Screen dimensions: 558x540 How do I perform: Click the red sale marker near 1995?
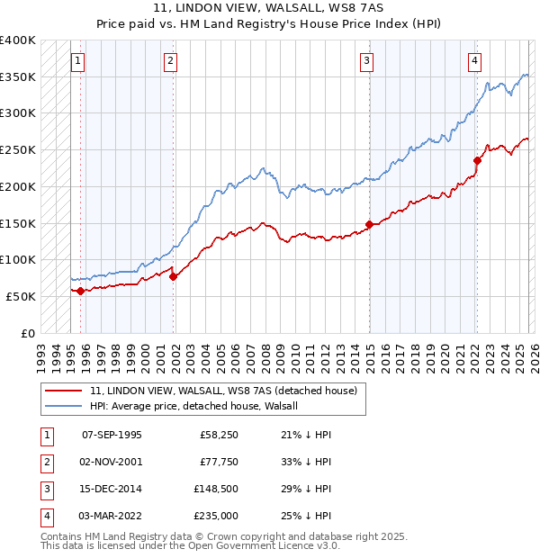[x=80, y=291]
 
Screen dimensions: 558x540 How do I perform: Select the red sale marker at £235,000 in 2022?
[x=477, y=161]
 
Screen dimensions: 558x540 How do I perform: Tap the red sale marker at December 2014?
[x=369, y=224]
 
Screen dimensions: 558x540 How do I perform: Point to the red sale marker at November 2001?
[x=174, y=276]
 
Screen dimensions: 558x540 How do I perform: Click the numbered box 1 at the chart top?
[x=78, y=61]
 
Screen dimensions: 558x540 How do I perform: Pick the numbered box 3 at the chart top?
[x=367, y=61]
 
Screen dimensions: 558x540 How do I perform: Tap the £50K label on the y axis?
[x=22, y=296]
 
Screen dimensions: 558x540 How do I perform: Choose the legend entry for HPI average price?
[x=200, y=406]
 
